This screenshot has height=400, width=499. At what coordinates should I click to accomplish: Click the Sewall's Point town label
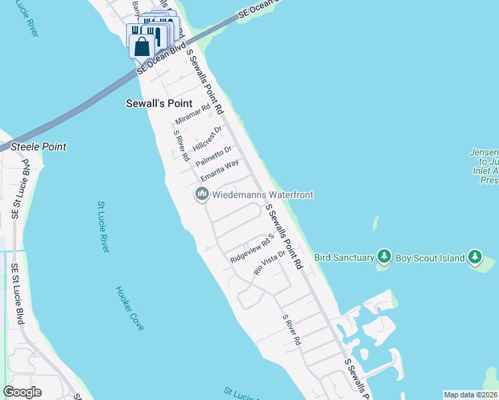(159, 103)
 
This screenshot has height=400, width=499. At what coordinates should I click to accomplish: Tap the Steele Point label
(37, 147)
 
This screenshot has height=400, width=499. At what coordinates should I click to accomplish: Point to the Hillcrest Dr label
(207, 137)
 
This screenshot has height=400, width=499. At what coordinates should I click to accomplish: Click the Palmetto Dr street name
(213, 157)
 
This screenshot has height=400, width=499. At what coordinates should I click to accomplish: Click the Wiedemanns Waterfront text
(262, 195)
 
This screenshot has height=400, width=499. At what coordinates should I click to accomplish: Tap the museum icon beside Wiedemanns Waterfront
(201, 195)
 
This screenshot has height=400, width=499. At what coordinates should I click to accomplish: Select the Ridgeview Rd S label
(253, 247)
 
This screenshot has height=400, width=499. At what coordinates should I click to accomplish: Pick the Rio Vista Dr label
(270, 263)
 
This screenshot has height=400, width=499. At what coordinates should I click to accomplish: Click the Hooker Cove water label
(129, 309)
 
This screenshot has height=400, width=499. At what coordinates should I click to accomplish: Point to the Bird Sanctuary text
(344, 257)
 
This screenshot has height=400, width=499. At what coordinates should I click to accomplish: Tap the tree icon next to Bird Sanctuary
(384, 257)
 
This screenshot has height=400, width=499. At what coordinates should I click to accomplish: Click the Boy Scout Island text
(430, 257)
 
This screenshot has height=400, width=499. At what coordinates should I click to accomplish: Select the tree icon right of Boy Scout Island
(474, 257)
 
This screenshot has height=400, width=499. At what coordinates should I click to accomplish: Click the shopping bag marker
(141, 47)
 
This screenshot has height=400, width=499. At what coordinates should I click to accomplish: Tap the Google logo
(22, 392)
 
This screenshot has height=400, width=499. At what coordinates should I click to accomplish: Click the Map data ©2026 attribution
(471, 395)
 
